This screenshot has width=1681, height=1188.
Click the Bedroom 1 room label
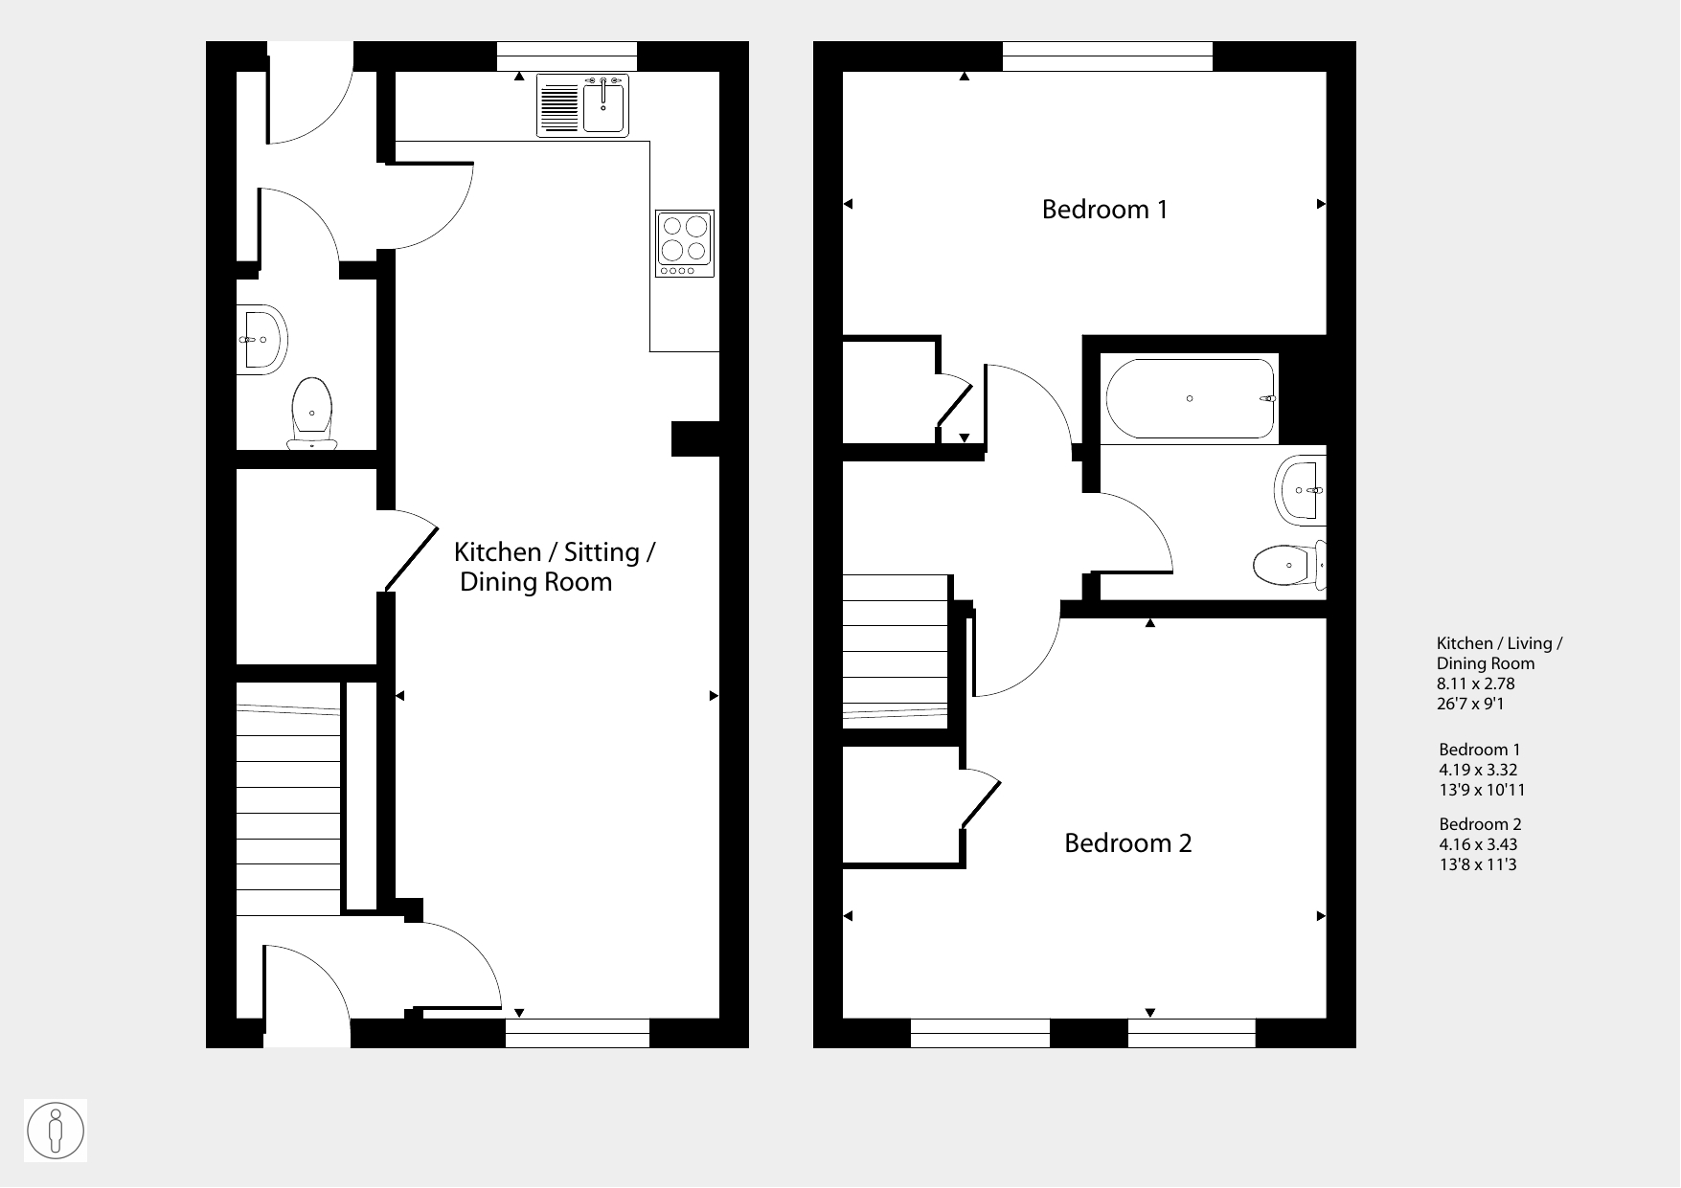coord(1104,210)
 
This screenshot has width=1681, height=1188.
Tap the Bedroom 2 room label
coord(1128,843)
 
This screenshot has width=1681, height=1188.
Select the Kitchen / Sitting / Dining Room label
coord(554,567)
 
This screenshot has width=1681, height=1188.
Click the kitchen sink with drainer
coord(582,105)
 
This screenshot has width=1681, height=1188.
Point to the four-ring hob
coord(685,244)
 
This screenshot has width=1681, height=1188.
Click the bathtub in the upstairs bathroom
coord(1191,398)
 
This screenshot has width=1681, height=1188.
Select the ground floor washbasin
coord(261,340)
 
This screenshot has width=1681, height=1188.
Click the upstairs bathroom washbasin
coord(1301,490)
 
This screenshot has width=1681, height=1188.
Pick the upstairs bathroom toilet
coord(1289,565)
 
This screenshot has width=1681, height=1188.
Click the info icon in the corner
coord(57,1131)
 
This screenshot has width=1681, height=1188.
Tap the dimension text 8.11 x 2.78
coord(1475,684)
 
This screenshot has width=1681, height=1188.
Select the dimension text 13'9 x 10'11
coord(1482,790)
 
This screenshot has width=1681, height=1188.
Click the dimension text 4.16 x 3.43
coord(1478,844)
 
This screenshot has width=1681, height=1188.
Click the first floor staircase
coord(896,651)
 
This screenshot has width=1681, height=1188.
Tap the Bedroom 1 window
coord(1107,56)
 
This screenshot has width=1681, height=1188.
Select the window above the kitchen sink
coord(567,56)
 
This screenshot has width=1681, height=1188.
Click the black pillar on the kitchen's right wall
coord(695,438)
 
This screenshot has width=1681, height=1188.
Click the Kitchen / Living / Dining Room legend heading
coord(1499,654)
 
